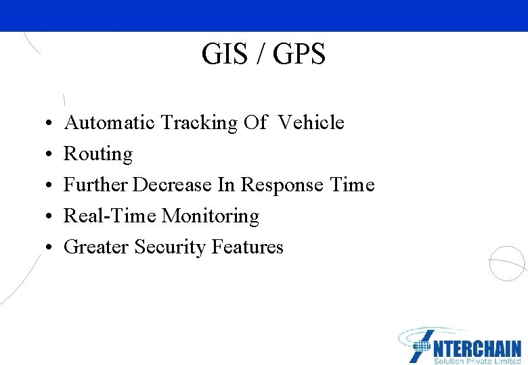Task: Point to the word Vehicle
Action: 311,123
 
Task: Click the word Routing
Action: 98,154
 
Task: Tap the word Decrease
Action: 171,185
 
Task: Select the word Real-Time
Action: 110,216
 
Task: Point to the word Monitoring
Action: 211,216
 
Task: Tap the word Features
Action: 247,247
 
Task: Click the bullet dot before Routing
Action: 51,155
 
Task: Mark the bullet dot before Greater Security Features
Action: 51,248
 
